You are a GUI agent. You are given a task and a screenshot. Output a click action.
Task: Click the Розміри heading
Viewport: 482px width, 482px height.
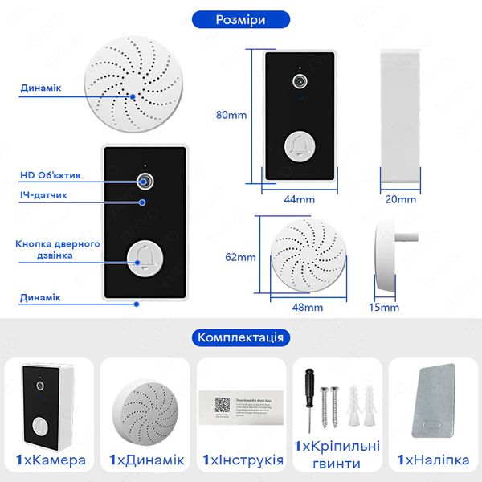[241, 18]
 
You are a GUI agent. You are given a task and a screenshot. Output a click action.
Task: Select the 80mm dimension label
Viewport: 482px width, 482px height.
[231, 115]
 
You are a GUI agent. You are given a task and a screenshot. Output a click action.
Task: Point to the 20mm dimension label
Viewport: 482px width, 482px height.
[399, 198]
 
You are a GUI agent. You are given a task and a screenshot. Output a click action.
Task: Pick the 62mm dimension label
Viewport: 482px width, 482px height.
[240, 257]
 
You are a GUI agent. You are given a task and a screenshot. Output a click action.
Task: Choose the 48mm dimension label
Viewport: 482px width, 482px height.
[308, 307]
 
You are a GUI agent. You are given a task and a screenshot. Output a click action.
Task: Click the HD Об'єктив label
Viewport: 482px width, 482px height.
[50, 174]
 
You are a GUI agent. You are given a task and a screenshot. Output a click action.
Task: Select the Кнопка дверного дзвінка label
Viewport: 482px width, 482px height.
[57, 249]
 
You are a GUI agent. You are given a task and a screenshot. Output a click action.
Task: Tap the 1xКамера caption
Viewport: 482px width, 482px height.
[50, 460]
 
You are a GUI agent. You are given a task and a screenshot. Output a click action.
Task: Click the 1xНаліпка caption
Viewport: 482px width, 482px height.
[433, 460]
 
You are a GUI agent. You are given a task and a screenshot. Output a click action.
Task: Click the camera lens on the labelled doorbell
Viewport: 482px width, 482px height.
[146, 180]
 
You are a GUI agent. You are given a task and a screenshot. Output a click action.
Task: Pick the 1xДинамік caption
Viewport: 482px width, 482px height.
[145, 460]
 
